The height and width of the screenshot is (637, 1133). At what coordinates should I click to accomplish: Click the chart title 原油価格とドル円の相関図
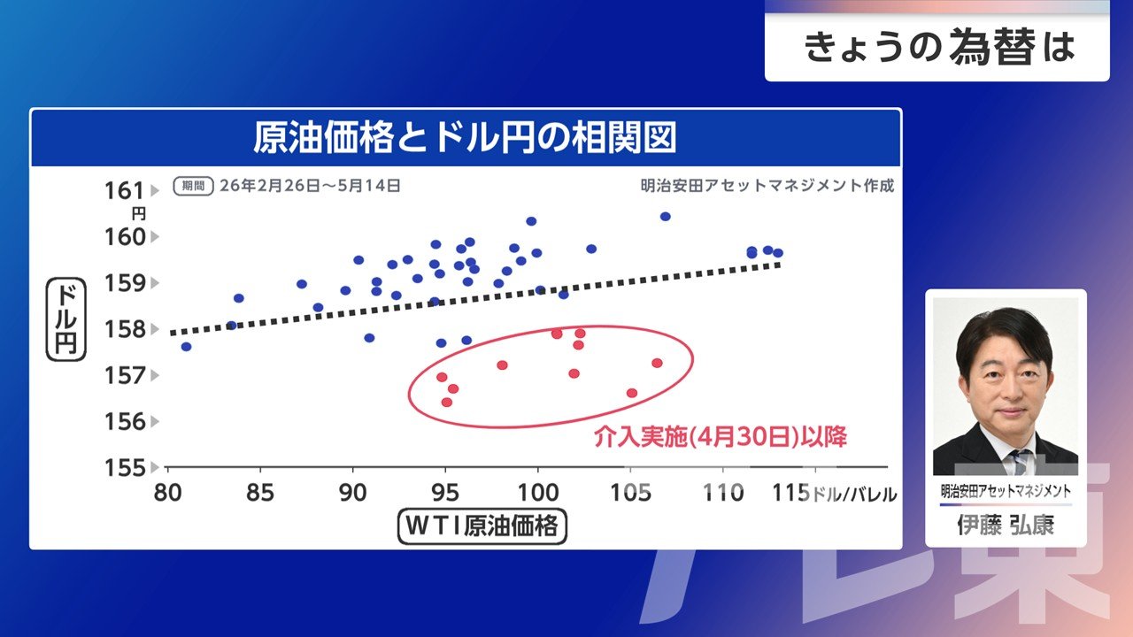point(465,137)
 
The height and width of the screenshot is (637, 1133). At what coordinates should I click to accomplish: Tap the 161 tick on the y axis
point(125,191)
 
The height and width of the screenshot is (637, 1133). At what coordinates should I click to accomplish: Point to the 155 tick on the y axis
point(125,468)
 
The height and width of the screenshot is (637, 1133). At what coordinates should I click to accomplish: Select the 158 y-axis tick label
point(125,330)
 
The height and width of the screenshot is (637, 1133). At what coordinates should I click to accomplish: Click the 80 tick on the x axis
point(168,493)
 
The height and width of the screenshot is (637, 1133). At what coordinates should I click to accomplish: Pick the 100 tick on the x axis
point(538,493)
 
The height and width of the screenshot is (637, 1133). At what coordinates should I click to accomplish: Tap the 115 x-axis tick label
point(791,493)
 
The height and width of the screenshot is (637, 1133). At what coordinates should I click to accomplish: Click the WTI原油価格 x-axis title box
point(482,526)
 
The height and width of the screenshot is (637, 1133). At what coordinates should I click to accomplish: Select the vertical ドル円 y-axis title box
point(66,319)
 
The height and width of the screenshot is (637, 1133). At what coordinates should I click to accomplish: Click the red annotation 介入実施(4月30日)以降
point(721,437)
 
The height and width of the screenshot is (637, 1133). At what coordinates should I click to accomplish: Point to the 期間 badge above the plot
point(193,186)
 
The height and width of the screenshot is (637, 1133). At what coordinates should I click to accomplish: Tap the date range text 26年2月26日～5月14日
point(310,186)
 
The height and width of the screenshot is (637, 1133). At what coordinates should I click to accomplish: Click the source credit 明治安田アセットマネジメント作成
point(767,186)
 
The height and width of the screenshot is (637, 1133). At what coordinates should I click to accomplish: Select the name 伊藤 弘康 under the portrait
point(1006,526)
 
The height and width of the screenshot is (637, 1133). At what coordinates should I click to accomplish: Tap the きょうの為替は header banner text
point(939,47)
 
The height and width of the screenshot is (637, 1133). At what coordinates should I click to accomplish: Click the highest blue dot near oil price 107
point(665,217)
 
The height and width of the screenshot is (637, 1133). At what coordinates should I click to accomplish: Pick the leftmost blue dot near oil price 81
point(186,347)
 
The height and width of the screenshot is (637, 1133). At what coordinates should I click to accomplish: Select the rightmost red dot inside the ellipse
point(657,363)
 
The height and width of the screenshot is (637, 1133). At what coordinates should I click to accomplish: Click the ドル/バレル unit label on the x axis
point(854,494)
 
